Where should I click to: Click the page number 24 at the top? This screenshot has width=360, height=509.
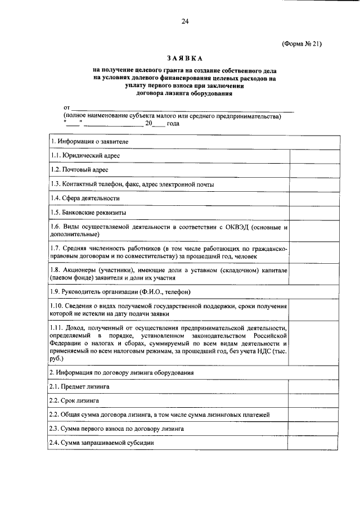pos(184,21)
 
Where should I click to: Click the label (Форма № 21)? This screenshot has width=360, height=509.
pos(301,43)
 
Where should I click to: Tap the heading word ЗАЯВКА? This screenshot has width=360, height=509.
pos(184,58)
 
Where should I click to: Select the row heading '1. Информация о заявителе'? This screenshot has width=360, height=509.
pos(90,141)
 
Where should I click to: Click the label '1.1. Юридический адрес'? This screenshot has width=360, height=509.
pos(85,156)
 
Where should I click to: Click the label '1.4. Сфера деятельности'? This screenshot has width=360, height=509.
pos(85,199)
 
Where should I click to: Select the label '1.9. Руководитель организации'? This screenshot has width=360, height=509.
pos(120,292)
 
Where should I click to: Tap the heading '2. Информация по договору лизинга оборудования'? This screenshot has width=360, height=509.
pos(122,372)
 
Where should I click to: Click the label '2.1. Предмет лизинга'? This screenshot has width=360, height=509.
pos(79,387)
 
